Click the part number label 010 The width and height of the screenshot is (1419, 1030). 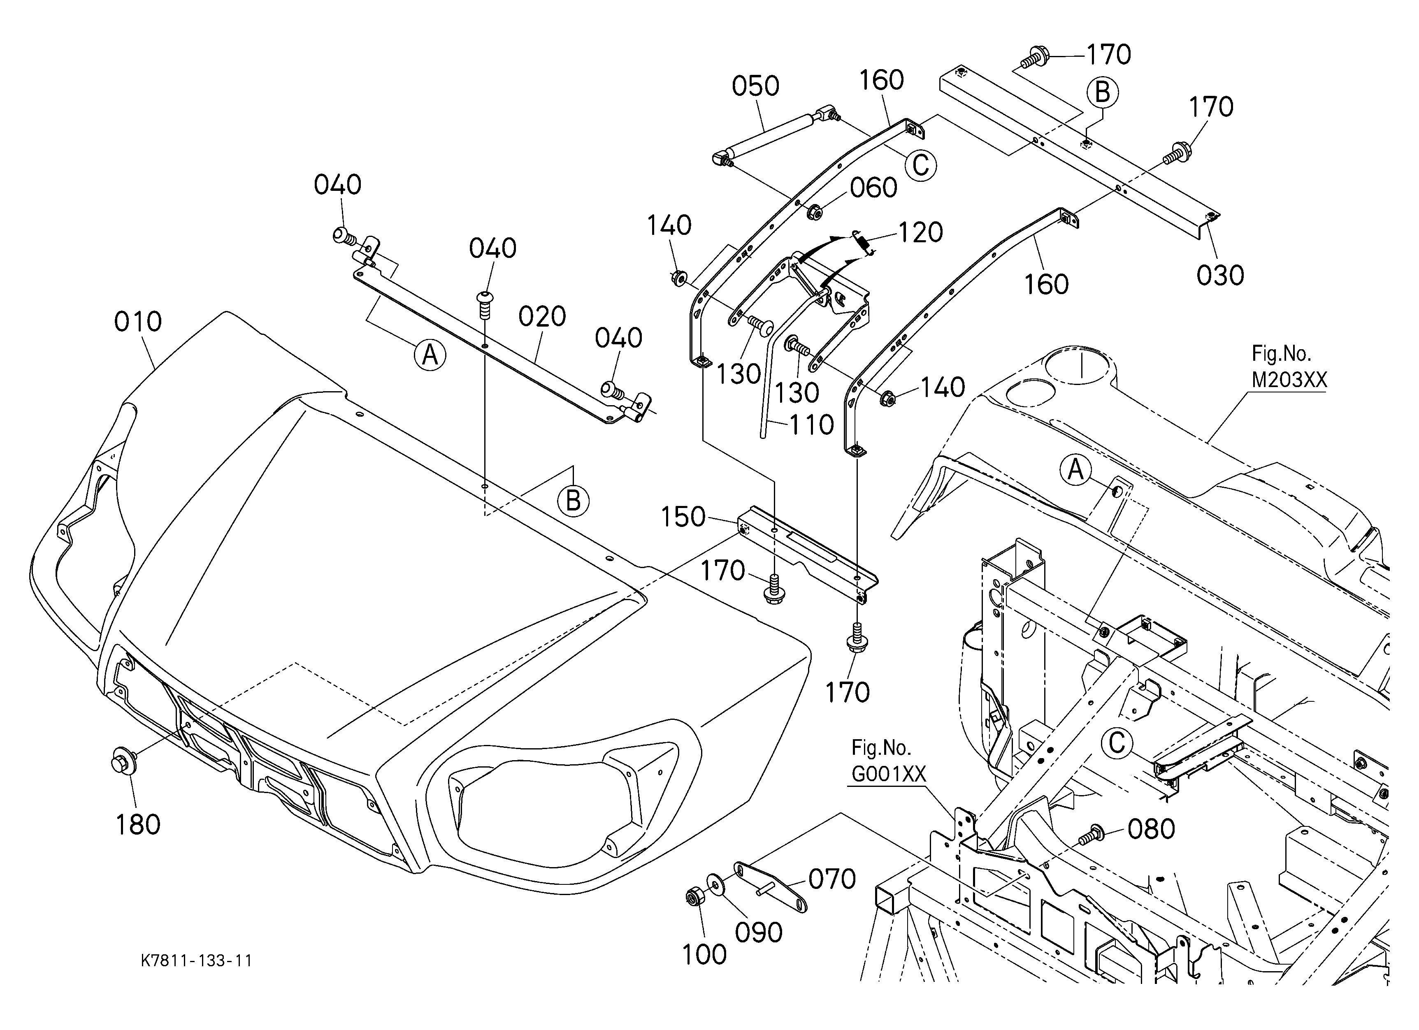tap(138, 322)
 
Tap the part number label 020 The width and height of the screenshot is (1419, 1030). tap(542, 317)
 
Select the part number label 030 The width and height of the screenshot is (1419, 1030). tap(1220, 276)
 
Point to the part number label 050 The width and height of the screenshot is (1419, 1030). tap(756, 86)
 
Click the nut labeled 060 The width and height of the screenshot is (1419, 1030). tap(815, 212)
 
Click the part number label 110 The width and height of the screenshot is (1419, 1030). tap(811, 425)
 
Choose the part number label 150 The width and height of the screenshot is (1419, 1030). tap(683, 517)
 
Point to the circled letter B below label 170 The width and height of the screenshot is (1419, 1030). tap(1103, 93)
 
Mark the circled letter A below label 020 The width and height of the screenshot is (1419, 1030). tap(430, 355)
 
